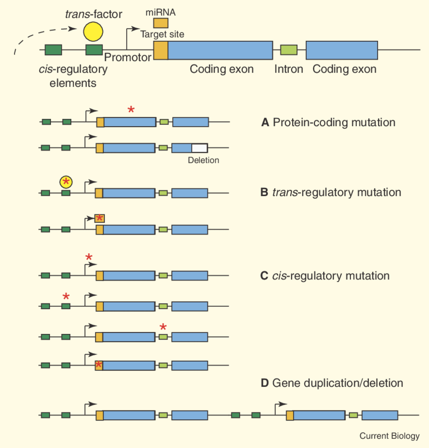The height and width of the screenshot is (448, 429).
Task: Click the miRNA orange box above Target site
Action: pos(161,23)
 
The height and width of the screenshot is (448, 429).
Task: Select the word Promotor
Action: pos(128,58)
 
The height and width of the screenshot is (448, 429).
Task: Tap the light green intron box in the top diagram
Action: pos(289,49)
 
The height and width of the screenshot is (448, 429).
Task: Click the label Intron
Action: pos(289,69)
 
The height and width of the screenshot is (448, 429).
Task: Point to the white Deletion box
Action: pos(199,148)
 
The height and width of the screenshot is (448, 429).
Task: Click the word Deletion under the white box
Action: pos(203,161)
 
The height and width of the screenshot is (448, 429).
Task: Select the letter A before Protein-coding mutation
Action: pos(265,123)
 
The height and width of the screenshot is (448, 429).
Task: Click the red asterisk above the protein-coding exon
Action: pos(131,109)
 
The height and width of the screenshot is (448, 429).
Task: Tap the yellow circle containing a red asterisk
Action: pos(66,182)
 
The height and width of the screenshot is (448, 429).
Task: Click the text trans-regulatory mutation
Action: pos(336,193)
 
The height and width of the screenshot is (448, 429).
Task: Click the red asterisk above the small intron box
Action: pos(163,327)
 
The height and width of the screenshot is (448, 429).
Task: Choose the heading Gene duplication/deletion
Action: pos(337,383)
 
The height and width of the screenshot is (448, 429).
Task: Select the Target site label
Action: pos(162,35)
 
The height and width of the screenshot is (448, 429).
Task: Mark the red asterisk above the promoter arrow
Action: pos(89,257)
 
